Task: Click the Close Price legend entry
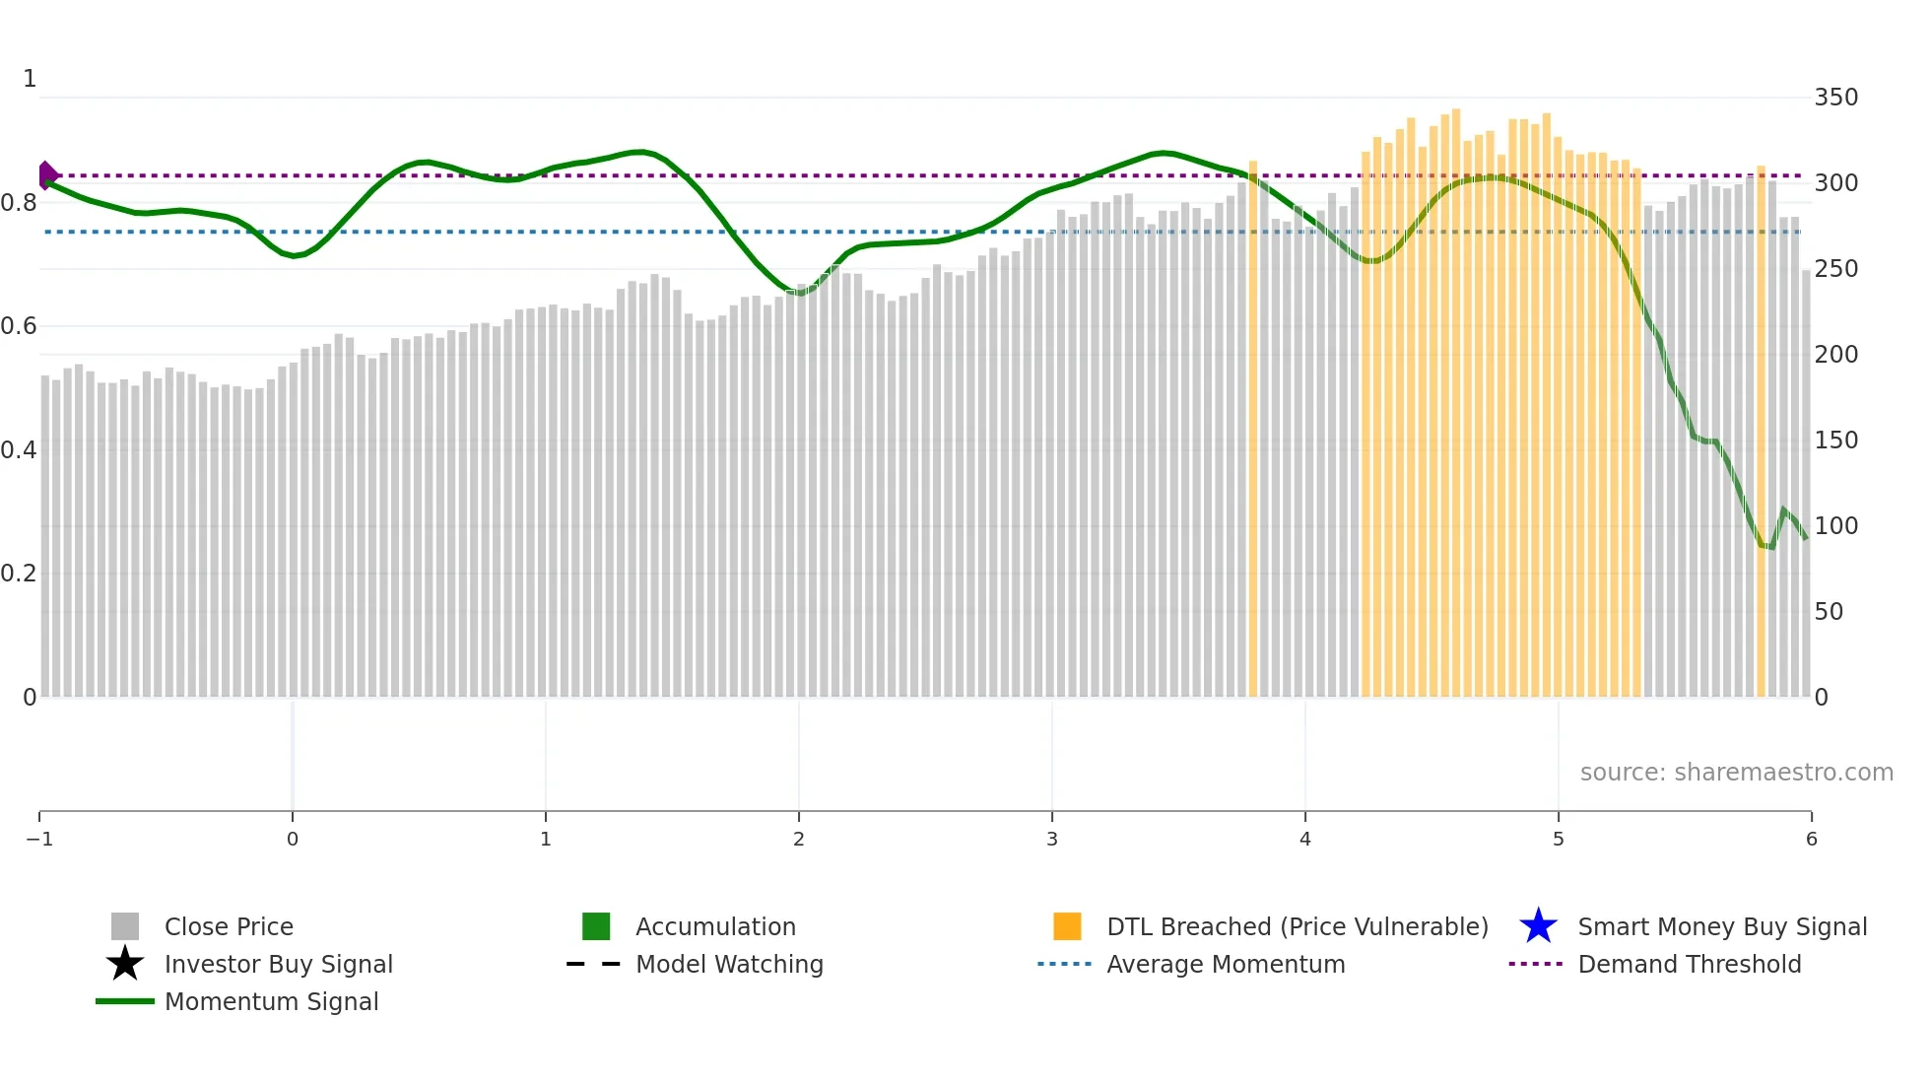tap(228, 927)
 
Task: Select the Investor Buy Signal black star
tap(125, 964)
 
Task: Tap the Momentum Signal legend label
tap(271, 1002)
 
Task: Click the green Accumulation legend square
tap(596, 926)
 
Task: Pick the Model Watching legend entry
tap(728, 965)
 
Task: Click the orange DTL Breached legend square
tap(1067, 926)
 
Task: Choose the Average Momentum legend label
tap(1225, 965)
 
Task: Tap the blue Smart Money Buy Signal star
tap(1538, 926)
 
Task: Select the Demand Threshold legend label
tap(1689, 965)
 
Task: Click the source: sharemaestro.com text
tap(1736, 773)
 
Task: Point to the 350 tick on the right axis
tap(1835, 98)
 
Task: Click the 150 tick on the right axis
tap(1835, 441)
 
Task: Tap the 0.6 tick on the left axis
tap(19, 326)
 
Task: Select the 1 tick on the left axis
tap(30, 79)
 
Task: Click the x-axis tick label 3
tap(1052, 840)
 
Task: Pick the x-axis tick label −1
tap(39, 840)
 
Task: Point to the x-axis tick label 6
tap(1811, 840)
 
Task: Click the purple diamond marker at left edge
tap(47, 175)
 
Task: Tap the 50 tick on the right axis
tap(1829, 612)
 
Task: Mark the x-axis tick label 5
tap(1559, 840)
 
